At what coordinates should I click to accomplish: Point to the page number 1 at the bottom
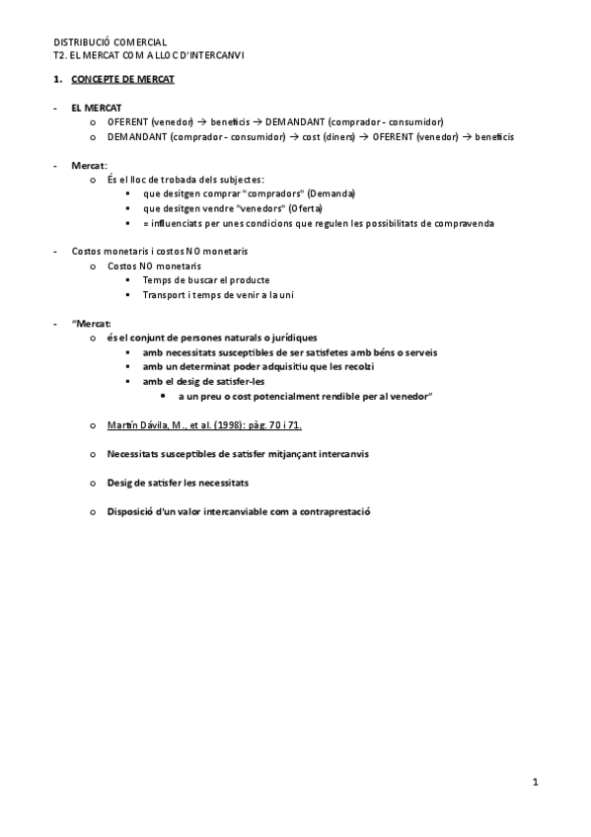[x=535, y=784]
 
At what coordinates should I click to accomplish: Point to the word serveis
[x=418, y=352]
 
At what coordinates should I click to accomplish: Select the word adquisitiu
[x=266, y=367]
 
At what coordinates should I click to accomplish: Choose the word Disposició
[x=129, y=511]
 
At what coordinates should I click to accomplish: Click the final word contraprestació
[x=331, y=511]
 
